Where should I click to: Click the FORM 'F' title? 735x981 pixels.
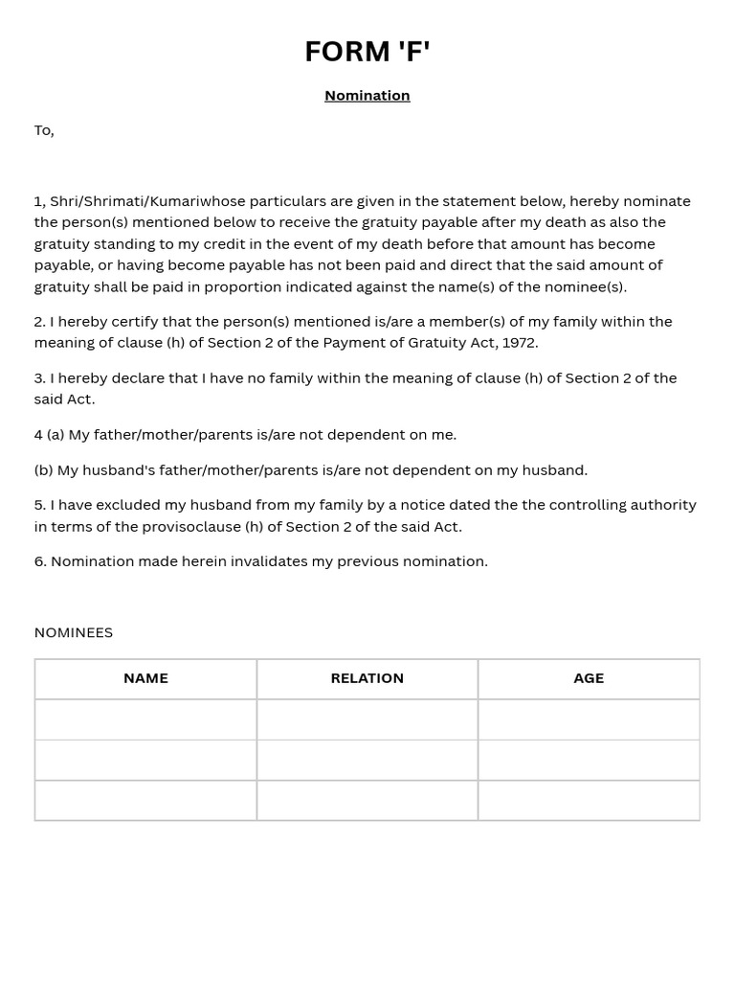[x=367, y=52]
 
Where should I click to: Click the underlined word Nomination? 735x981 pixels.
[x=367, y=96]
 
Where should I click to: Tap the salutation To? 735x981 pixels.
[x=44, y=130]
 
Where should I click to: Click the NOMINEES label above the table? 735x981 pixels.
[x=74, y=632]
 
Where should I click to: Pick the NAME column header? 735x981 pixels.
[x=145, y=678]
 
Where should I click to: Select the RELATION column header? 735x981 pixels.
[x=367, y=678]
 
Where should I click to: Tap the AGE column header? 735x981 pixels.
[x=589, y=678]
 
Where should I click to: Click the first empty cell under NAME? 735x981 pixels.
[x=145, y=719]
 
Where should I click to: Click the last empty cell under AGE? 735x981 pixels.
[x=589, y=801]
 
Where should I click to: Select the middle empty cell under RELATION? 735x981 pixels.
[x=367, y=760]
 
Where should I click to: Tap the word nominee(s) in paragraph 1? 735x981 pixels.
[x=585, y=286]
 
